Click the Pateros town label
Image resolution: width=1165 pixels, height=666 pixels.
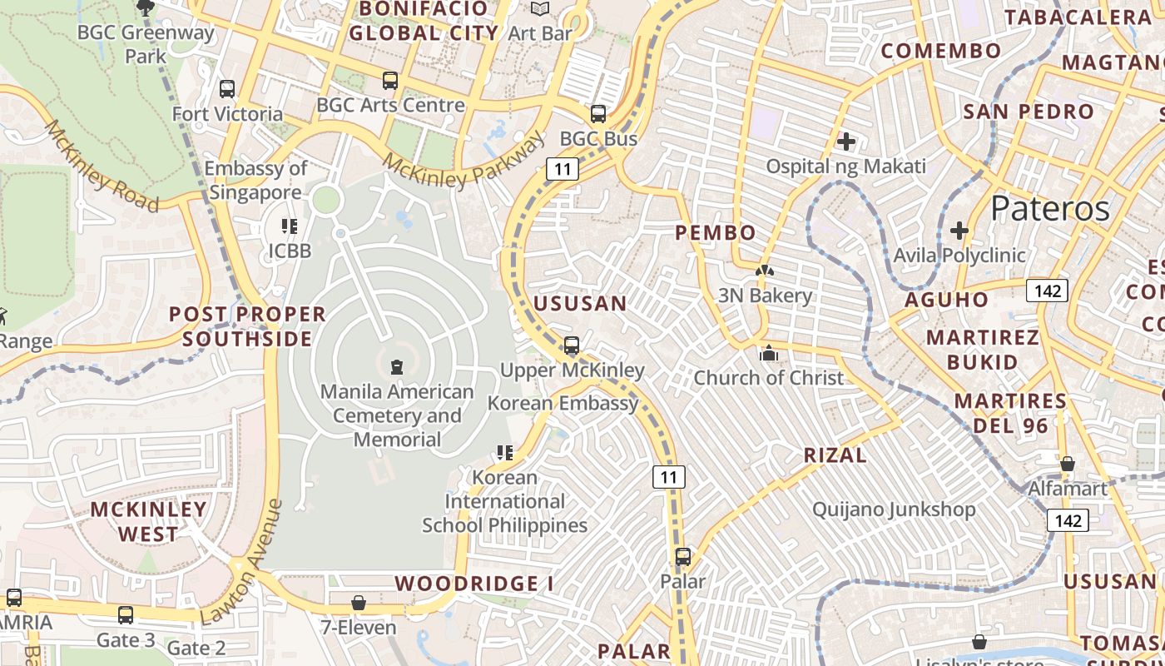(1050, 208)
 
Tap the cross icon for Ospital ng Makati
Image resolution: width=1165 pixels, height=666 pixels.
(846, 142)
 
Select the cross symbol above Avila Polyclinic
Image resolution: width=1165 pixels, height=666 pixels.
(959, 230)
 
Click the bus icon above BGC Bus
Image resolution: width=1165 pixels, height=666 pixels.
(598, 114)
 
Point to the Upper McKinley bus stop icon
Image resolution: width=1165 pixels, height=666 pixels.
(572, 345)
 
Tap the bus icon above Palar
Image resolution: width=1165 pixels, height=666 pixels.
(683, 556)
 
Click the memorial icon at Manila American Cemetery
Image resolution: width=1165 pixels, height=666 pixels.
(397, 366)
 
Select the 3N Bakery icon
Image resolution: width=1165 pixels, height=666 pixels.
(764, 271)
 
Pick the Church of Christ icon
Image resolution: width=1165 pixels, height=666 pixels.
(768, 354)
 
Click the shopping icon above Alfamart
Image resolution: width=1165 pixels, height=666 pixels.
(1068, 464)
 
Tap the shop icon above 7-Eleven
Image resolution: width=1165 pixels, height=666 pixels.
(359, 602)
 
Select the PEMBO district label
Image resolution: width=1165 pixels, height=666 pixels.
(716, 233)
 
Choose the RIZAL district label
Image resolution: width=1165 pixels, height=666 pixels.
(835, 455)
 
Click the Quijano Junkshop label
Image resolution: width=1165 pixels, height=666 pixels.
(894, 509)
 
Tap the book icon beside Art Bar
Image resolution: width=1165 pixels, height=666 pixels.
(540, 9)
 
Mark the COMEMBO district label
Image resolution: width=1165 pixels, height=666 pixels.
(941, 51)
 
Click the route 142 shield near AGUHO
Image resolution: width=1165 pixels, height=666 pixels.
(1047, 291)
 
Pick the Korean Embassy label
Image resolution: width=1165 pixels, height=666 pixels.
(563, 403)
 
